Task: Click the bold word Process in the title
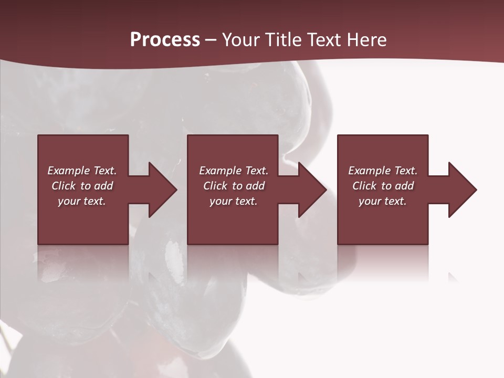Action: (165, 40)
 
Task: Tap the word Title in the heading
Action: (283, 40)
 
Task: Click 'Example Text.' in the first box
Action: (82, 171)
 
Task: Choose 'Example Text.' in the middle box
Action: (234, 171)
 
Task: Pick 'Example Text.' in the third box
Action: (383, 171)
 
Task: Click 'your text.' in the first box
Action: (82, 201)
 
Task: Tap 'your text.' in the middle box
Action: (234, 201)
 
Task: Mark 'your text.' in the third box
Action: (383, 201)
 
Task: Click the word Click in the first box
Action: (64, 186)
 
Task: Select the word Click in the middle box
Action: (215, 186)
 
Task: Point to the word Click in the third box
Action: (364, 186)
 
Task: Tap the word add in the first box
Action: (103, 186)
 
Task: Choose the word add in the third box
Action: (404, 186)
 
